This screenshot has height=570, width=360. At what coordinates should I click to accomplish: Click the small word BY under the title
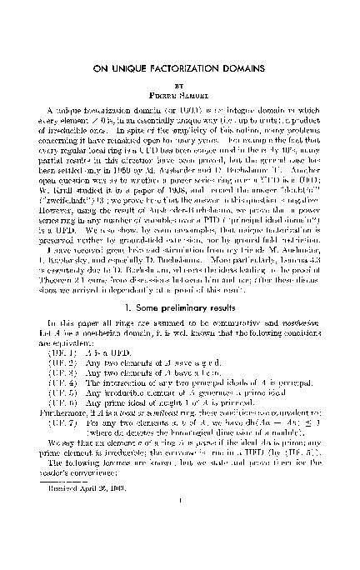tap(180, 83)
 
